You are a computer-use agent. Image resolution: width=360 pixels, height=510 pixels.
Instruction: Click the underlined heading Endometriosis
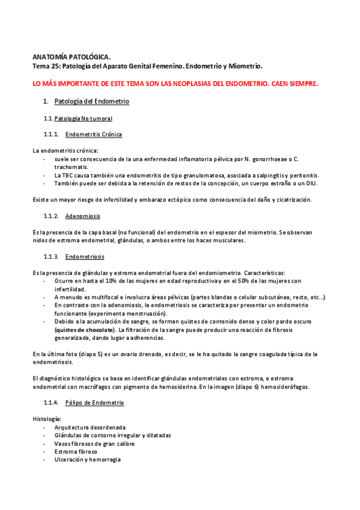[85, 257]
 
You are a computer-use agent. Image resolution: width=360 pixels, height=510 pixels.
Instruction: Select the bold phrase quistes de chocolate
[84, 330]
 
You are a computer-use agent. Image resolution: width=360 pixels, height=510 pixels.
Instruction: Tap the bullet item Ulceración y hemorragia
[87, 459]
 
